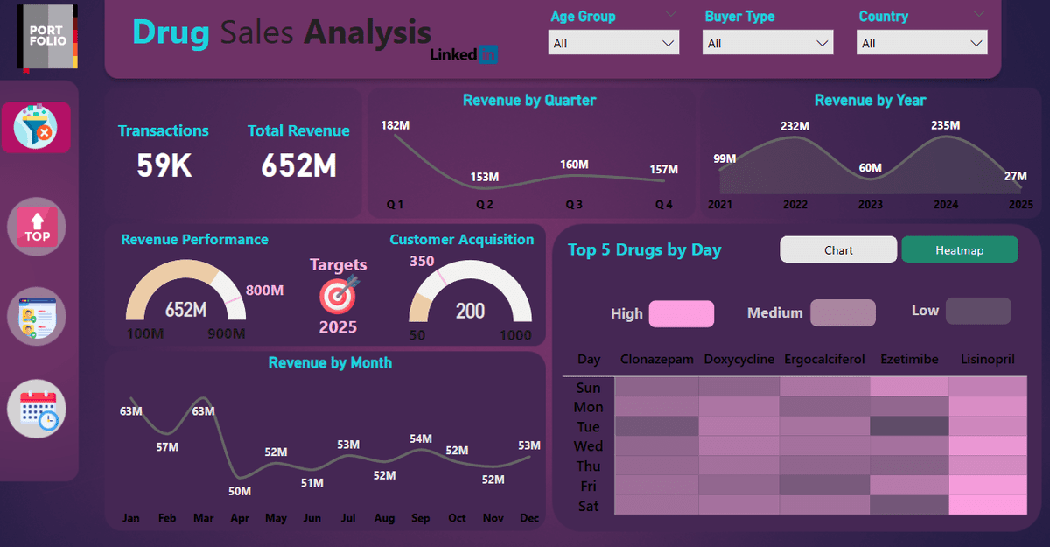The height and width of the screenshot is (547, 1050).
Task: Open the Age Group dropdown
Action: [x=613, y=43]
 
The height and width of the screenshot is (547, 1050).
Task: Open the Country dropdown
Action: [x=922, y=43]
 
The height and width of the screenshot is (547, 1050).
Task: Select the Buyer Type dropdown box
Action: [x=767, y=43]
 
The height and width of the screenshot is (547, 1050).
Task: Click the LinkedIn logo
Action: [x=464, y=54]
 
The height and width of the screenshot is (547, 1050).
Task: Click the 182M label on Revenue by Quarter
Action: [x=395, y=126]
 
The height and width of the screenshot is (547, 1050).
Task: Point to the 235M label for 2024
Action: [x=945, y=125]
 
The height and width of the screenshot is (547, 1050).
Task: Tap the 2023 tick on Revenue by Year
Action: [x=871, y=205]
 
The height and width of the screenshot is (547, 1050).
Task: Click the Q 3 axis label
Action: [x=574, y=205]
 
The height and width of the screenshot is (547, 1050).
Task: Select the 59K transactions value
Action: [x=164, y=165]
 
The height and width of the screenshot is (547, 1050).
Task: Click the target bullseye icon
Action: [x=338, y=295]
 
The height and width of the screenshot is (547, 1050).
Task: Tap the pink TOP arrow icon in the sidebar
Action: [x=37, y=227]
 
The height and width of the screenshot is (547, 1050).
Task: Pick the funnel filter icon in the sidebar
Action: [x=36, y=128]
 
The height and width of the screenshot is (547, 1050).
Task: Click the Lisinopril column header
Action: [x=987, y=360]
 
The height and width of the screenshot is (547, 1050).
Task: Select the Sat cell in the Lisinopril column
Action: [x=987, y=505]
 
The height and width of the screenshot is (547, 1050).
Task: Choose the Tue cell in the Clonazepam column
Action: [x=656, y=426]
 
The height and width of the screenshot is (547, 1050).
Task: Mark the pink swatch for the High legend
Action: [x=681, y=313]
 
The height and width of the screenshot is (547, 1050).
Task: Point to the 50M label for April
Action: [x=240, y=491]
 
